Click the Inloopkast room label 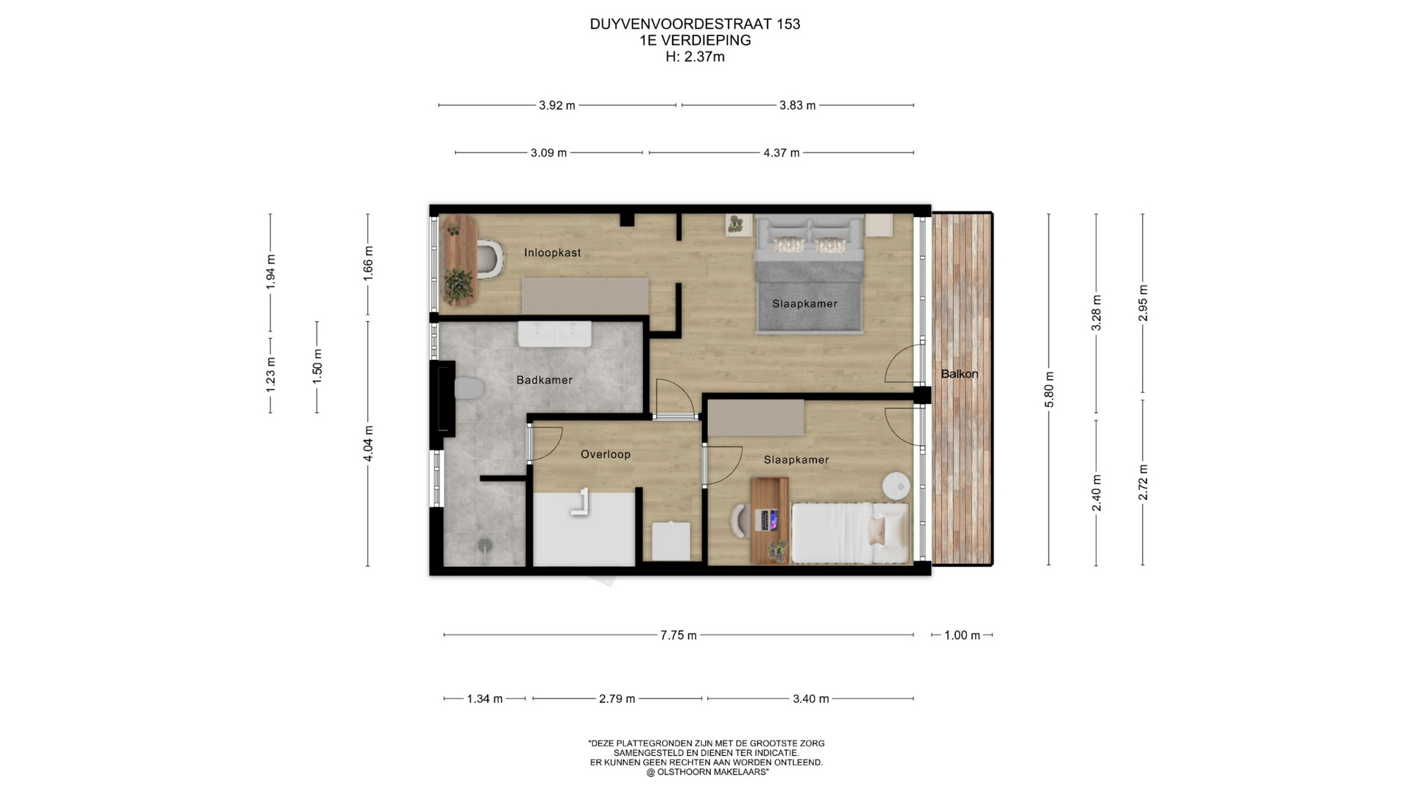tap(552, 252)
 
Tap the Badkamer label tap(544, 380)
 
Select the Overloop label tap(605, 454)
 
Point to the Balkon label tap(959, 374)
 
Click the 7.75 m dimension tap(679, 635)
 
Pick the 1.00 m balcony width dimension tap(962, 635)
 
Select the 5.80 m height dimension tap(1049, 390)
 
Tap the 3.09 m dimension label tap(548, 153)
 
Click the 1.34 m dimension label tap(484, 699)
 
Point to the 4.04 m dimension tap(368, 444)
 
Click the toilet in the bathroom tap(465, 388)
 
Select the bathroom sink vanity tap(555, 333)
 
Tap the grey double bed tap(809, 273)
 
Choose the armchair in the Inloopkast tap(489, 259)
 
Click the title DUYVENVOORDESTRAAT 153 tap(695, 24)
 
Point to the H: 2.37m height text tap(695, 57)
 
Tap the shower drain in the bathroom tap(485, 545)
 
